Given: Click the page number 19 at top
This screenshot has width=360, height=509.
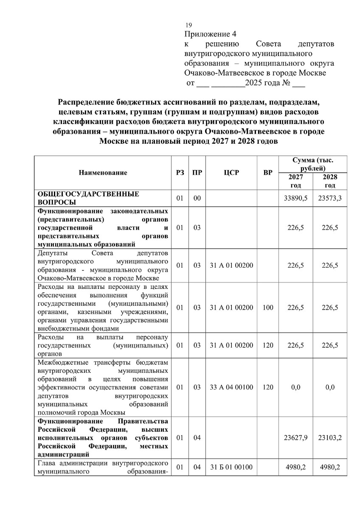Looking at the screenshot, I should [x=188, y=25].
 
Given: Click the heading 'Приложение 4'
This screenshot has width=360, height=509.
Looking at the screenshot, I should [x=210, y=34].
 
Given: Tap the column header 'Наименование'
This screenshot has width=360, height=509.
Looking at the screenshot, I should [x=102, y=173].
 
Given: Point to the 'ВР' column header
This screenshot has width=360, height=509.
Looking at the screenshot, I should [x=268, y=173].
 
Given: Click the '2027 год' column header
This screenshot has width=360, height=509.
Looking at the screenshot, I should [x=295, y=181].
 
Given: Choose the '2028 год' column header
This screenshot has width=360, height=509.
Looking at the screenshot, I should [x=329, y=181].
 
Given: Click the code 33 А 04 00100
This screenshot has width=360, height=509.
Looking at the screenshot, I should [x=231, y=387].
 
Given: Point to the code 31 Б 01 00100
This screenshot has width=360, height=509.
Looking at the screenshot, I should [x=231, y=467].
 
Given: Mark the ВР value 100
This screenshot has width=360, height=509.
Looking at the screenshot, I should [x=268, y=308].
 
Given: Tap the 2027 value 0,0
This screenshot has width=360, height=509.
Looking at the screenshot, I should [x=295, y=387].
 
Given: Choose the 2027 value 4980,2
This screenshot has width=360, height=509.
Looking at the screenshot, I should [x=295, y=467].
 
